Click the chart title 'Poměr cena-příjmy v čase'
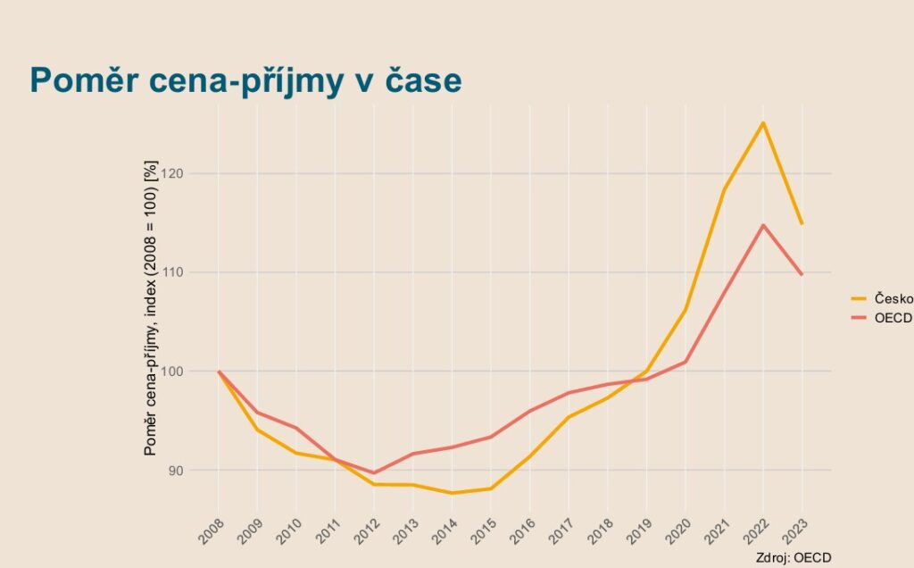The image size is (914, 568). tap(245, 81)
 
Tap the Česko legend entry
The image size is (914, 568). tap(893, 298)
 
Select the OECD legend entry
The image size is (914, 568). tap(893, 317)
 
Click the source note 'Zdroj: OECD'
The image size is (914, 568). tap(793, 557)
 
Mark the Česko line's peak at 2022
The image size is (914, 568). tap(763, 122)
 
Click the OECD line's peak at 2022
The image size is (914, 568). tap(763, 225)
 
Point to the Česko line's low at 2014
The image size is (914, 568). tap(452, 493)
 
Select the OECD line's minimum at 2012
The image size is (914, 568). tap(374, 473)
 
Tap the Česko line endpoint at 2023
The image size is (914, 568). tap(802, 223)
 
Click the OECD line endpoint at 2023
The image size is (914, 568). tap(802, 274)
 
